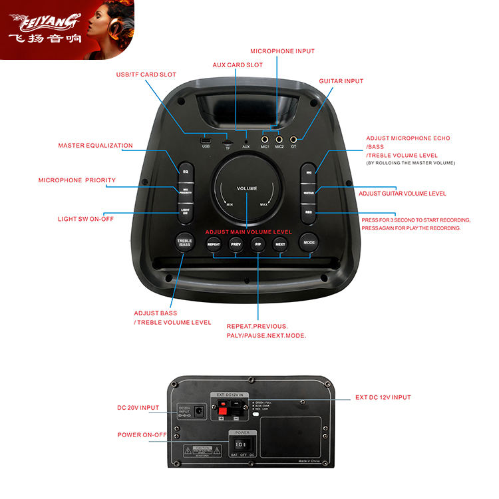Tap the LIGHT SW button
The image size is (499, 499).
[x=186, y=211]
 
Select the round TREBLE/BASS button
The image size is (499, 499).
[x=184, y=243]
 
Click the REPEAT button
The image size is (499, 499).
[x=214, y=244]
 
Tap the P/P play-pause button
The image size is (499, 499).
[x=258, y=244]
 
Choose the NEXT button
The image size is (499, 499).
[x=280, y=244]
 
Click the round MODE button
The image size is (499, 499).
[x=309, y=243]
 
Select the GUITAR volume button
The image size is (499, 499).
[x=308, y=192]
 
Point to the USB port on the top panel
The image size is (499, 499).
[x=206, y=140]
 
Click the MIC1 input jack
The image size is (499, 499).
[x=265, y=139]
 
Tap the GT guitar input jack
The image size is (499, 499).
[x=293, y=139]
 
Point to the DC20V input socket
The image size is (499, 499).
[x=198, y=413]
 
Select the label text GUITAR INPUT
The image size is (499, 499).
[x=341, y=81]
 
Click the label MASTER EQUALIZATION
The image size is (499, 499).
[x=95, y=146]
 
